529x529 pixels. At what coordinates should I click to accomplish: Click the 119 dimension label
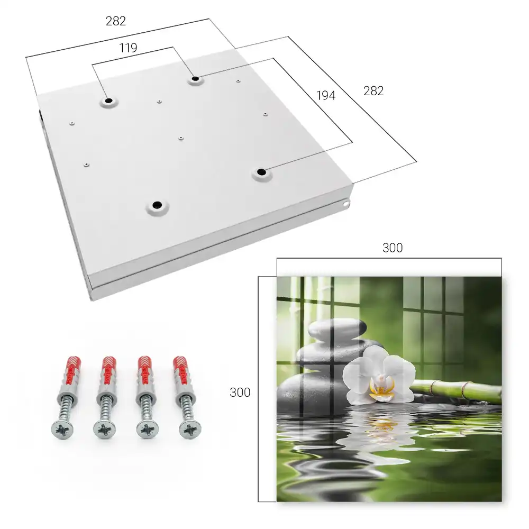coord(128,48)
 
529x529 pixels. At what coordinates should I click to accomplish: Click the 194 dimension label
coord(326,96)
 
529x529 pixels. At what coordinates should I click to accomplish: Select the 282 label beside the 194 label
coord(373,91)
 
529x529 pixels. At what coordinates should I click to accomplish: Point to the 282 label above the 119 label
coord(116,21)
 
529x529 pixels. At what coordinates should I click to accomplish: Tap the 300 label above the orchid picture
coord(393,248)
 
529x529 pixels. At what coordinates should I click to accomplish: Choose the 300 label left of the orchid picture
coord(240,393)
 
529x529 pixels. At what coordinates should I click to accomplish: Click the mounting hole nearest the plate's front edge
coord(157,205)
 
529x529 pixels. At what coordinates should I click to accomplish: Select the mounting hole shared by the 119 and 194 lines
coord(195,79)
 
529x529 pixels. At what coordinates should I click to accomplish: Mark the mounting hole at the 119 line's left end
coord(109,101)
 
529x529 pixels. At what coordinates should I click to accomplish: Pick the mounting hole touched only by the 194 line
coord(261,172)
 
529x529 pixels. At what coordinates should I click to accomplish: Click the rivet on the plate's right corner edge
coord(346,204)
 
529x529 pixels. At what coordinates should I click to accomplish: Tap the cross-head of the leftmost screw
coord(62,430)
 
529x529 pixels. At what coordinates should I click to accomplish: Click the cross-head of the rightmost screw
coord(190,429)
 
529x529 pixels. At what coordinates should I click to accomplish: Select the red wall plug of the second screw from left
coord(109,370)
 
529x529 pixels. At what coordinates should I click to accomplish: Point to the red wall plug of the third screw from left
coord(145,370)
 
